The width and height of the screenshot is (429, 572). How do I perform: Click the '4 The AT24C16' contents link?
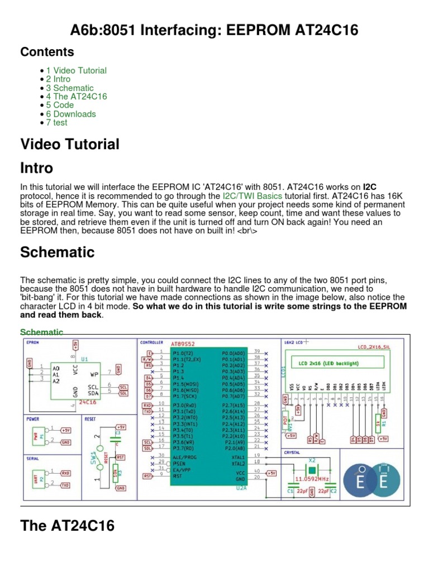click(x=77, y=97)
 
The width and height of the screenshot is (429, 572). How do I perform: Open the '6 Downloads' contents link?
click(x=71, y=114)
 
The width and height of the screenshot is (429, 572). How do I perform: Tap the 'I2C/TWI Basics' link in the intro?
click(x=252, y=196)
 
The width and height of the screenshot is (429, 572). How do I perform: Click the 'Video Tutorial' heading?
click(x=70, y=144)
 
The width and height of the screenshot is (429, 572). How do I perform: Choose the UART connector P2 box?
click(x=39, y=478)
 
